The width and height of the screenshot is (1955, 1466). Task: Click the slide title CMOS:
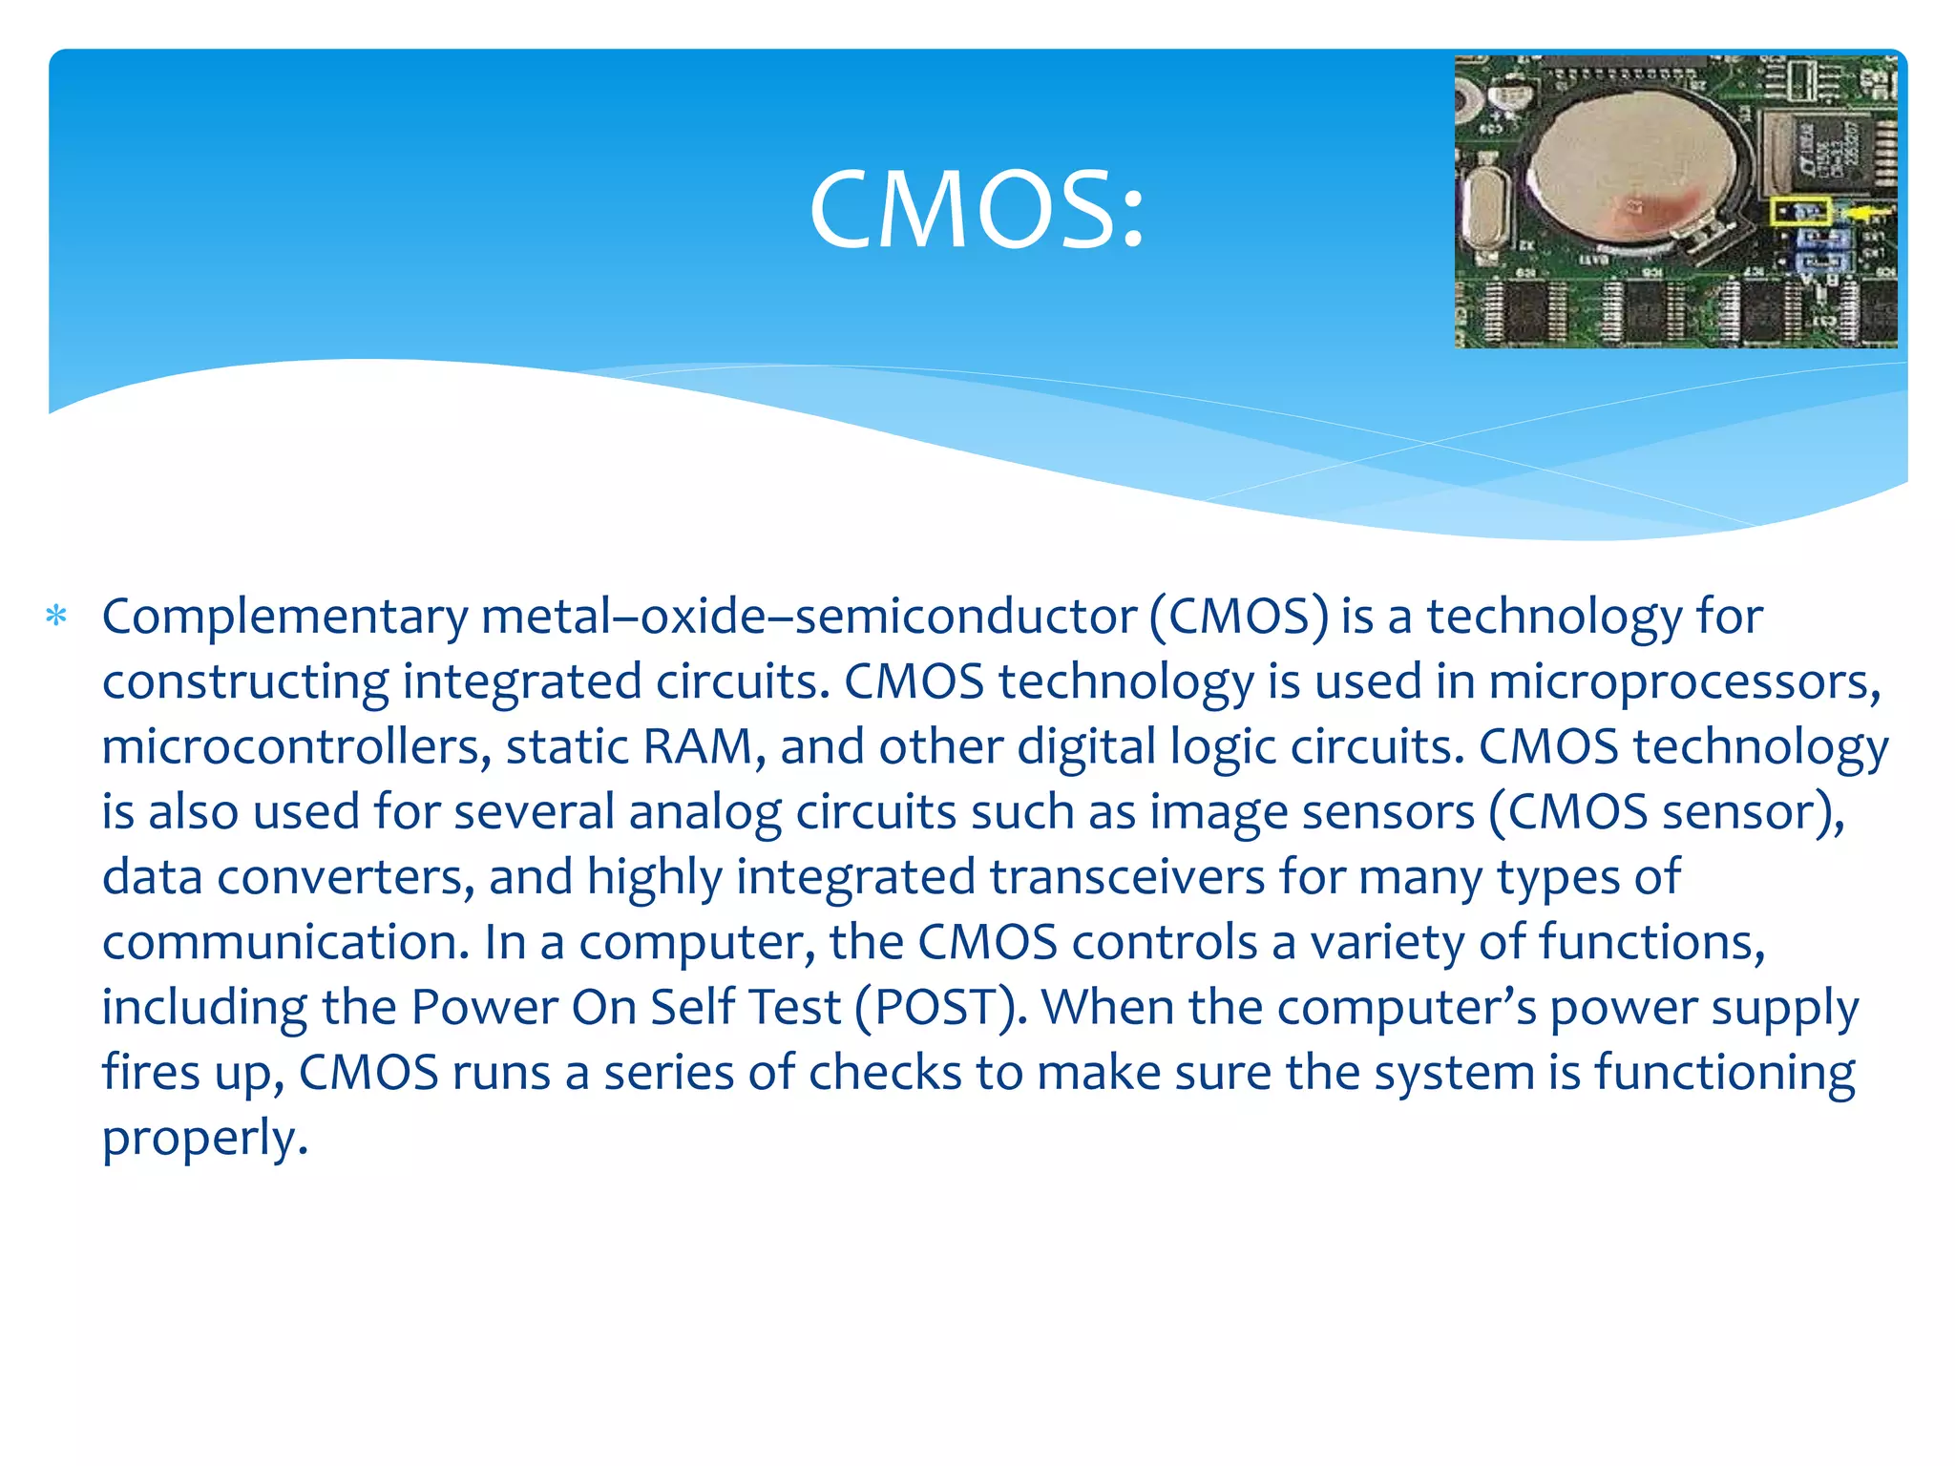976,210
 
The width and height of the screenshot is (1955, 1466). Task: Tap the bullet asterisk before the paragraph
56,617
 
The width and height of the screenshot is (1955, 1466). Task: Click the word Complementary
284,618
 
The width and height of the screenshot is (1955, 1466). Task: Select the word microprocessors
1683,682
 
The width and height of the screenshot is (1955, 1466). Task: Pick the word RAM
698,747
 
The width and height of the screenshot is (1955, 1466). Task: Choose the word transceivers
1126,878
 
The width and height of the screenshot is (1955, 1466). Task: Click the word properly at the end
204,1139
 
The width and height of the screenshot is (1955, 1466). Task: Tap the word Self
694,1008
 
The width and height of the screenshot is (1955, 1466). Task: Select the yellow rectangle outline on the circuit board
1800,212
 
